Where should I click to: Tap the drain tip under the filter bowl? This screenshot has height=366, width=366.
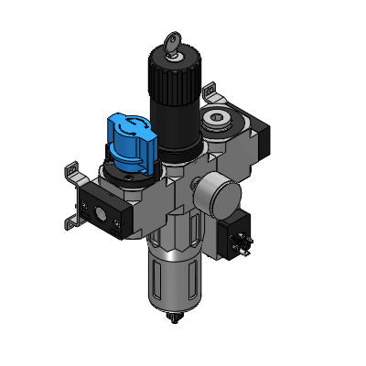(172, 319)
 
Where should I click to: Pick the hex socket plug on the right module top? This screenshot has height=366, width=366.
(217, 118)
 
